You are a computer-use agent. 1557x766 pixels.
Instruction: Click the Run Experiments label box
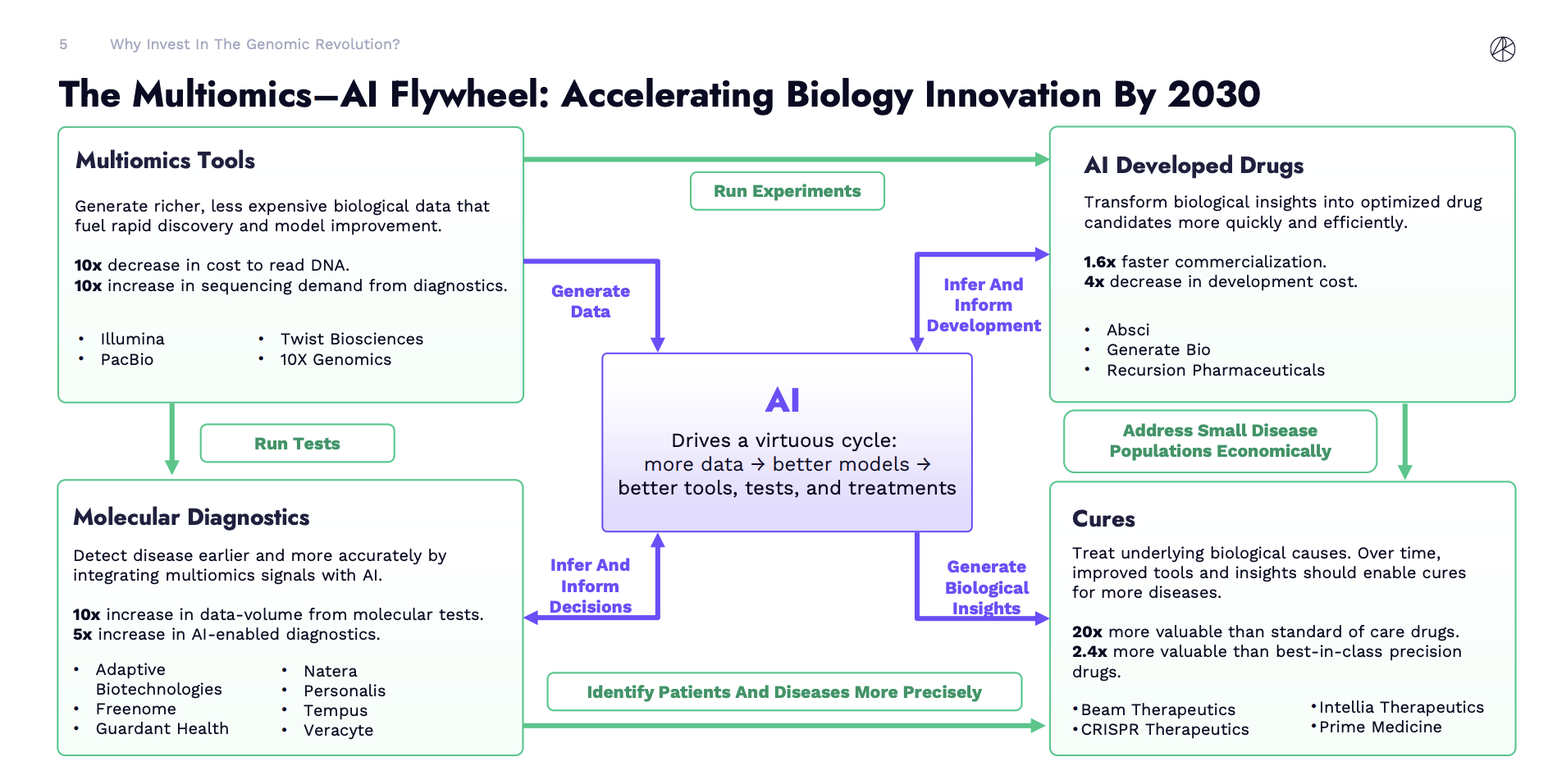788,191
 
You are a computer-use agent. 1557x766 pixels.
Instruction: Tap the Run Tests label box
297,443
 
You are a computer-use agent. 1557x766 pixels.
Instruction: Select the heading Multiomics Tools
166,160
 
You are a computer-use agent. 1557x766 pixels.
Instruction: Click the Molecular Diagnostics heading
191,517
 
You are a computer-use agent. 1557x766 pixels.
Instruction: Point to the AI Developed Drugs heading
1194,166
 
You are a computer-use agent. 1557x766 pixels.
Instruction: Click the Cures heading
1103,519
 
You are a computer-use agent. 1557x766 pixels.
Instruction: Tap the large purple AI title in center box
783,400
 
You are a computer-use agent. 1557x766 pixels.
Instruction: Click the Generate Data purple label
591,301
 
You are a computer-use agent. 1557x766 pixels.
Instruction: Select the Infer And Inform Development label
984,305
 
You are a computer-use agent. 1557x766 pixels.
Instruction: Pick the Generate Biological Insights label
987,587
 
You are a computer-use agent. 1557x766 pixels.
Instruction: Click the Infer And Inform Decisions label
590,586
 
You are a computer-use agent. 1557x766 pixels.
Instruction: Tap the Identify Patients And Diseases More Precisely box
784,691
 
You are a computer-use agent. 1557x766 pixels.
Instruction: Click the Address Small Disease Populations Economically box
1221,441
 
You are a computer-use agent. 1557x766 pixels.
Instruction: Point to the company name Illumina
132,339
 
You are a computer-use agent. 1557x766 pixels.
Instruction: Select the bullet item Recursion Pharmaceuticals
1216,370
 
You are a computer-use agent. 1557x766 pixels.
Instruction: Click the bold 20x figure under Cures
1087,631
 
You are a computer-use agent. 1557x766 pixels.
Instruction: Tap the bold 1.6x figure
1099,262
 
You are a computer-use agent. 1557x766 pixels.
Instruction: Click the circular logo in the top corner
1503,49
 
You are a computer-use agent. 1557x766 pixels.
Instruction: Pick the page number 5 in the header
63,44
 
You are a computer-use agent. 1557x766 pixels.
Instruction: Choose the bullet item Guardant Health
162,728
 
